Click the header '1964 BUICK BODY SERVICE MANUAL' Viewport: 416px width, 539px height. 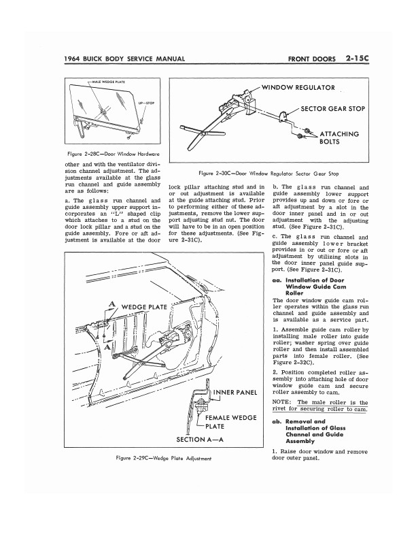click(124, 59)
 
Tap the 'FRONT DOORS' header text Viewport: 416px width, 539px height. click(311, 59)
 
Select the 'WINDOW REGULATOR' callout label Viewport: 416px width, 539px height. click(298, 88)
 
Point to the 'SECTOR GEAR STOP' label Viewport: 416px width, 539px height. click(332, 109)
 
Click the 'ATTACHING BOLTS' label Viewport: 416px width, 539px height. click(339, 138)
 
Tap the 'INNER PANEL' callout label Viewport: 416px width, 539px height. click(235, 393)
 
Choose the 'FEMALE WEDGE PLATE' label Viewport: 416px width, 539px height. click(230, 422)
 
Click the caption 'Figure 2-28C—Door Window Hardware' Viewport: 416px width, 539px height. click(114, 154)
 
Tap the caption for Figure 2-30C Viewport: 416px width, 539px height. click(268, 174)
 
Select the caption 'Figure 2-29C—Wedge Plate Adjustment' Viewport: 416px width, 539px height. click(164, 458)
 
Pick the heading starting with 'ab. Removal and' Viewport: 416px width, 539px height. click(309, 431)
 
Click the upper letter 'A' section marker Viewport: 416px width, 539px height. click(111, 304)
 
